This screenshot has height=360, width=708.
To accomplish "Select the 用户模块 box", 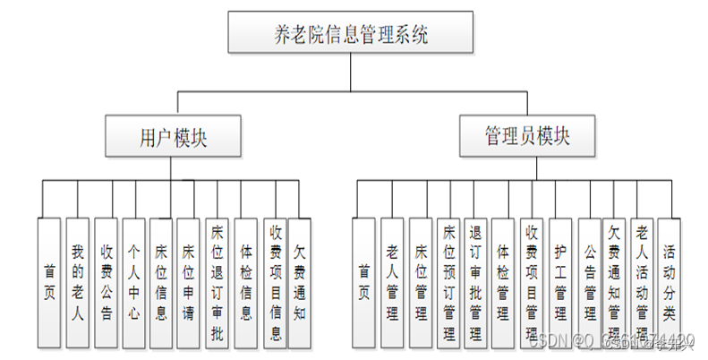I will [175, 137].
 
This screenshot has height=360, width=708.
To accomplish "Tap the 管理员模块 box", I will [527, 136].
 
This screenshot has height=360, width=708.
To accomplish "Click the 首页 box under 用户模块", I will [50, 281].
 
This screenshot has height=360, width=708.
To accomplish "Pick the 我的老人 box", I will [78, 281].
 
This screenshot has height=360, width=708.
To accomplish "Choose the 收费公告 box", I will [106, 281].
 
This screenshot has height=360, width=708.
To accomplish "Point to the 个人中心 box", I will [133, 281].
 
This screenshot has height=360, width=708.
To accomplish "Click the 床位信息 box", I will [161, 281].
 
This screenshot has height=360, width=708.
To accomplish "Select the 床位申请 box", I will [188, 281].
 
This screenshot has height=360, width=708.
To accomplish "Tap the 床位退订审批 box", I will [216, 281].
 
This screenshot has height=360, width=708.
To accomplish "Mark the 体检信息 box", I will [245, 281].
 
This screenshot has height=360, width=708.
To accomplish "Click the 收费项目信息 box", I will [276, 281].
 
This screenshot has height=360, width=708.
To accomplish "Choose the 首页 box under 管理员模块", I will [364, 281].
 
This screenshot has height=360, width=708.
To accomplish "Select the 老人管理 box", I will [392, 281].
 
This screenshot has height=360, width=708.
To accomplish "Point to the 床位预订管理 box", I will [448, 281].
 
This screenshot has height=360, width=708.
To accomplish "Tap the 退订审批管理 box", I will [475, 281].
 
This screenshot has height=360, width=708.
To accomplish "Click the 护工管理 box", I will [560, 281].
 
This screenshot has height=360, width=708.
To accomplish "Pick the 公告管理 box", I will [589, 281].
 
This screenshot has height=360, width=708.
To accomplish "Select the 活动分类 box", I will [670, 281].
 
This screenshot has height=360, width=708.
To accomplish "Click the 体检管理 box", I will [503, 281].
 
